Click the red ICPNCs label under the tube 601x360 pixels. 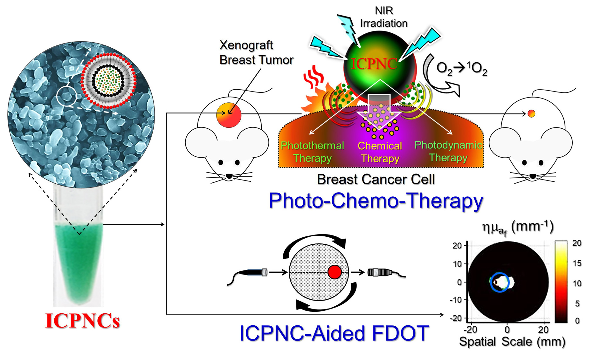coord(82,321)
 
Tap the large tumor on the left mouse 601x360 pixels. coord(229,115)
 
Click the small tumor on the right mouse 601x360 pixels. coord(531,113)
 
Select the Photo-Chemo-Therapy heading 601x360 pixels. coord(376,201)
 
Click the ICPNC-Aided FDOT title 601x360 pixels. coord(334,333)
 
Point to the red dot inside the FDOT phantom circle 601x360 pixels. coord(335,272)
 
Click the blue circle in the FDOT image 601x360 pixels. coord(500,282)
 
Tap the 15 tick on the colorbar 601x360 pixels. coord(577,263)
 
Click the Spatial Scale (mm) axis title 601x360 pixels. coord(512,342)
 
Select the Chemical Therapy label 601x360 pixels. coord(380,152)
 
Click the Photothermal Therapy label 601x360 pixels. coord(312,152)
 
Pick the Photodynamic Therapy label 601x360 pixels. coord(448,151)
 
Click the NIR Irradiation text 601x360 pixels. coord(383,17)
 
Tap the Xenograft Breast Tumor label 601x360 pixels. coord(256,53)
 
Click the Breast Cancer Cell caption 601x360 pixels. coord(376,180)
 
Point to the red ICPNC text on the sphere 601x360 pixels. coord(374,64)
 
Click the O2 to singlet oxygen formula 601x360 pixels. coord(462,68)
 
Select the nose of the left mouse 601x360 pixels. coord(229,176)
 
